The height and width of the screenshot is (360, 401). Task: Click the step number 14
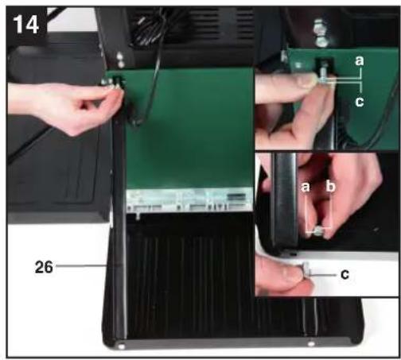(26, 25)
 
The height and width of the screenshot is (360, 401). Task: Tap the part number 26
(44, 267)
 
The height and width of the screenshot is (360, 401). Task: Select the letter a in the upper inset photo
(360, 61)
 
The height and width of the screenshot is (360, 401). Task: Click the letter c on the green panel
(360, 102)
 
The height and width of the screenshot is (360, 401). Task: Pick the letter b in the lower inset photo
(330, 187)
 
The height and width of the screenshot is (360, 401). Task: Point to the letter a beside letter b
(306, 187)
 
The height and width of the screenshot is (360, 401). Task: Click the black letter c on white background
(345, 275)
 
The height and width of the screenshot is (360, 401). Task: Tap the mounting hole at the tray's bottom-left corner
(122, 346)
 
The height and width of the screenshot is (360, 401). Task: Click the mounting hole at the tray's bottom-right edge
(311, 344)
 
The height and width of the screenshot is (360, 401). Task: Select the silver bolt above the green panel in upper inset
(321, 33)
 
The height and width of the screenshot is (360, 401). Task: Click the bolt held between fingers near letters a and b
(318, 232)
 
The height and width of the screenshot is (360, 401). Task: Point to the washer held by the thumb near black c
(307, 269)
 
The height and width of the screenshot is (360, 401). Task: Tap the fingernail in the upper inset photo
(308, 80)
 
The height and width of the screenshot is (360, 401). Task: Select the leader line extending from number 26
(80, 265)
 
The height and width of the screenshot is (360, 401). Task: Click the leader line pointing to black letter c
(324, 275)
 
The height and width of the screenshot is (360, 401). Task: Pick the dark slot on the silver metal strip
(236, 196)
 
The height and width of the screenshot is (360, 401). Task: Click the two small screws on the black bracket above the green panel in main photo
(120, 60)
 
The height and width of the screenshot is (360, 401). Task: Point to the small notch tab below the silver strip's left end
(138, 215)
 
